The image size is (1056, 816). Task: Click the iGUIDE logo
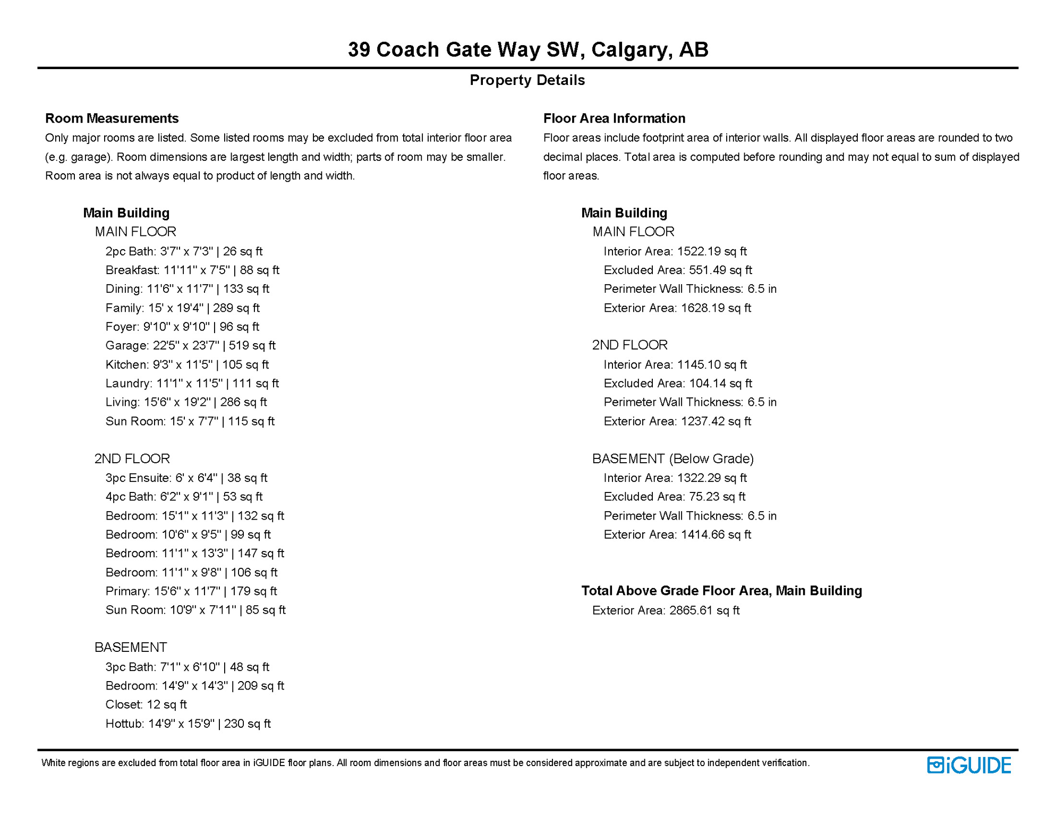[x=969, y=765]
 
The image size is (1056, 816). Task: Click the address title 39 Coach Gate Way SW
[x=527, y=49]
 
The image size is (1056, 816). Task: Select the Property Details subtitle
[x=527, y=80]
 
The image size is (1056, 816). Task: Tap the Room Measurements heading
[x=112, y=118]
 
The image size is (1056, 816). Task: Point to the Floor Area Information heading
[x=614, y=118]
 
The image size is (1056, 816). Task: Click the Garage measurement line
[x=190, y=345]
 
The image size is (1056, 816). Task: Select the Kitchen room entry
[x=187, y=364]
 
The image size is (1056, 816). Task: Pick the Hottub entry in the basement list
[x=188, y=724]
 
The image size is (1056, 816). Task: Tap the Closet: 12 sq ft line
[x=146, y=704]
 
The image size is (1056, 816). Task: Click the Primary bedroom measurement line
[x=191, y=591]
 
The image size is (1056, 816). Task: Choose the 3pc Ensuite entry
[x=186, y=478]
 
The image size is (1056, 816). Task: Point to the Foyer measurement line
[x=182, y=327]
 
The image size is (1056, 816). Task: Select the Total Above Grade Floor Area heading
[x=721, y=591]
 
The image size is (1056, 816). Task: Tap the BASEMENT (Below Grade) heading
[x=673, y=458]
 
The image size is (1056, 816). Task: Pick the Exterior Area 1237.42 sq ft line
[x=677, y=421]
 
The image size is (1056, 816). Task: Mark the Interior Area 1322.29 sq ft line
[x=675, y=478]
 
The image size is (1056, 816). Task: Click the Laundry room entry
[x=192, y=383]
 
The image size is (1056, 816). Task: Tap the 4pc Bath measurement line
[x=184, y=497]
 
